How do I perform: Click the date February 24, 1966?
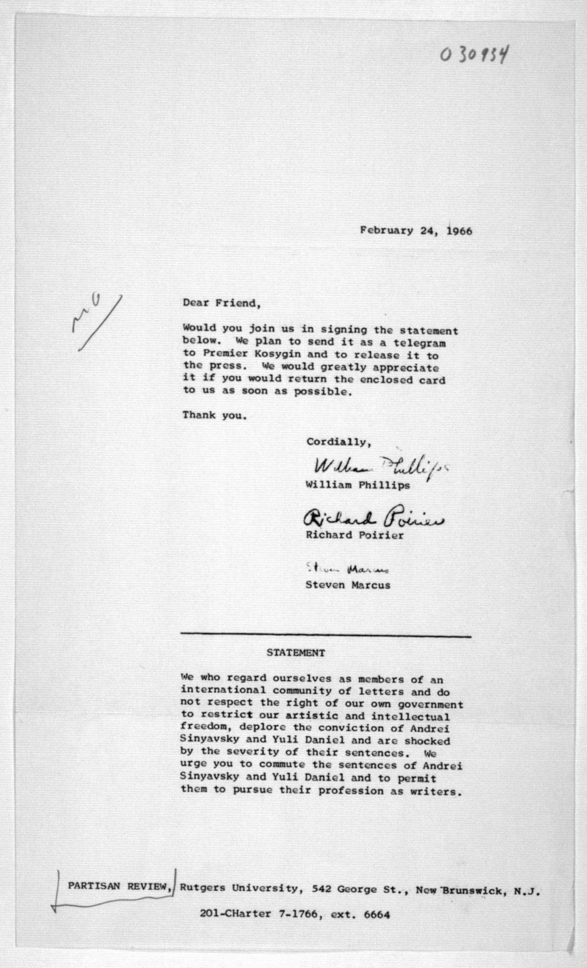point(416,231)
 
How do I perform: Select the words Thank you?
point(215,415)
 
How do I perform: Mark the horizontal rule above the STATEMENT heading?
point(325,635)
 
